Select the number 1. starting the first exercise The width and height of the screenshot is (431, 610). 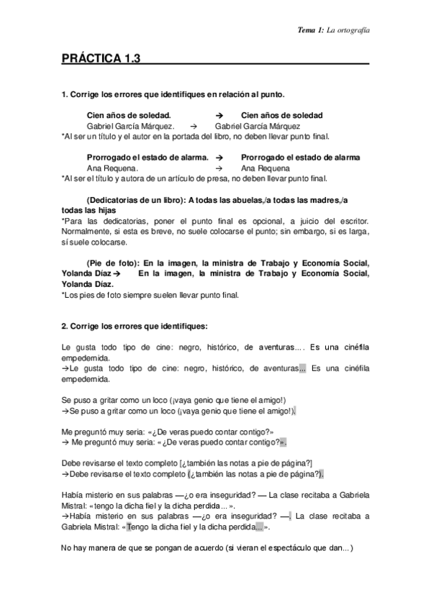(x=64, y=94)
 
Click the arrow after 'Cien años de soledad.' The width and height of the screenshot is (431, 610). (x=220, y=115)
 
